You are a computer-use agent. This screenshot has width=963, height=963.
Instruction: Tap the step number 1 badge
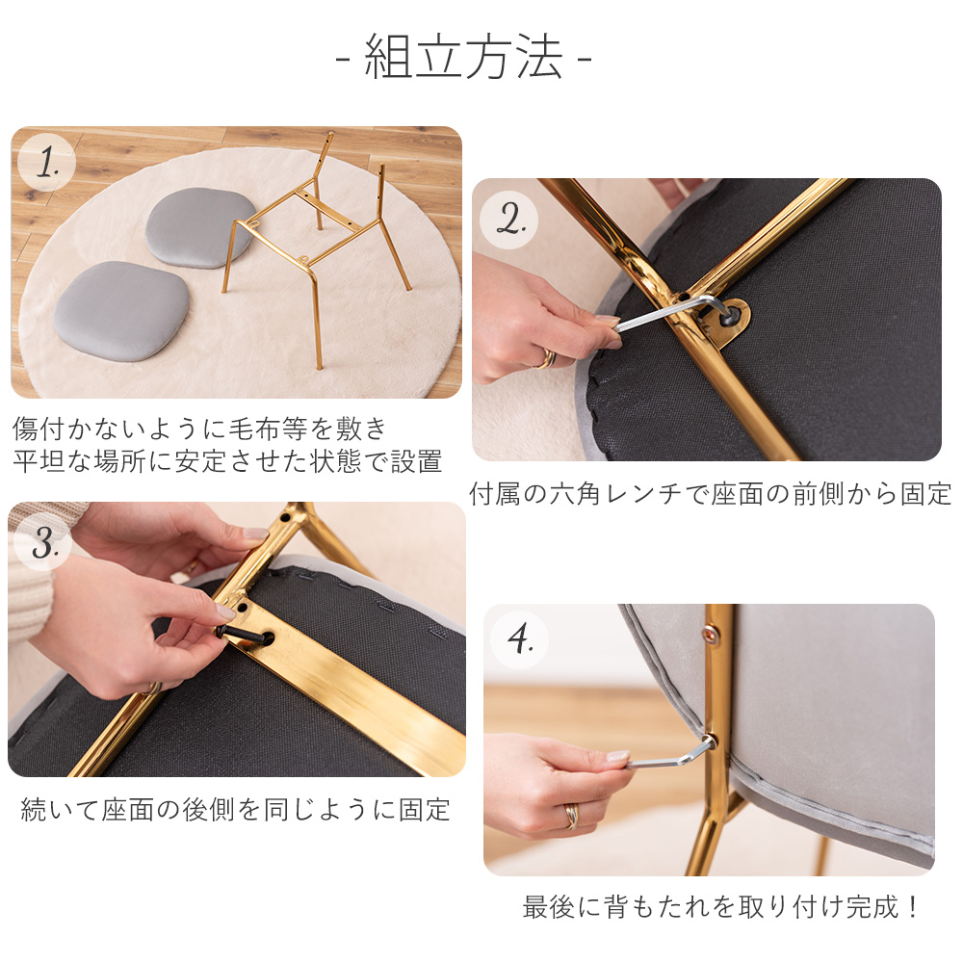(x=46, y=163)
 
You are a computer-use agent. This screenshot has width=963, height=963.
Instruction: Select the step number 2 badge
(x=508, y=220)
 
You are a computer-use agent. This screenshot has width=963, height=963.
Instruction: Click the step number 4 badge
(x=519, y=639)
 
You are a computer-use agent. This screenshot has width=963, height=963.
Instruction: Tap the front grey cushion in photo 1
(x=121, y=311)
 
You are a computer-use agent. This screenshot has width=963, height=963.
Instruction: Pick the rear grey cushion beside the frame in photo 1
(x=200, y=228)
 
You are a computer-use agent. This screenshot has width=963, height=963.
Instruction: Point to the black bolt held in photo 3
(x=244, y=635)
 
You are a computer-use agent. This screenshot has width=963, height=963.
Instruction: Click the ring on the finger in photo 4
(x=572, y=817)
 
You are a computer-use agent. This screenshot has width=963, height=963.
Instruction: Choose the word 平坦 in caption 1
(x=39, y=461)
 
